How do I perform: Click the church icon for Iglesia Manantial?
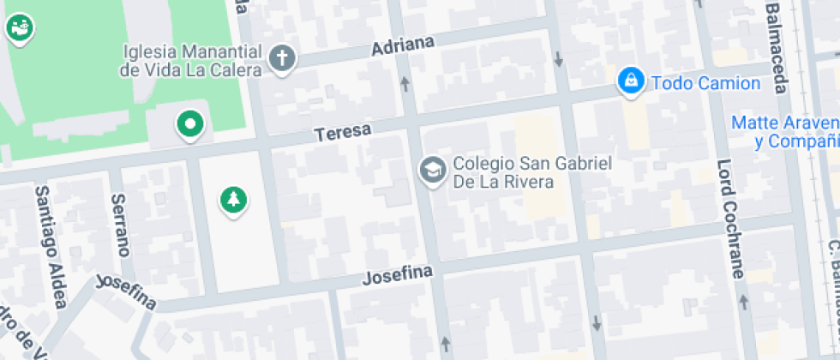tap(281, 58)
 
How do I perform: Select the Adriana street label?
tap(403, 45)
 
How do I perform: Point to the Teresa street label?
tap(342, 133)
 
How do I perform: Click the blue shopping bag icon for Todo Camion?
tap(631, 82)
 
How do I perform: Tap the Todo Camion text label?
tap(705, 83)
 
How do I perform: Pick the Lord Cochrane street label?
tap(730, 219)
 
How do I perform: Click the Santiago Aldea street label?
tap(50, 246)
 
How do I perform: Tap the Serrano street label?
tap(120, 225)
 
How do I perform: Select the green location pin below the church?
tap(189, 124)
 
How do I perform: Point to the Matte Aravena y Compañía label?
tap(784, 132)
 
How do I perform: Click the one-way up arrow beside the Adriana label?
tap(405, 83)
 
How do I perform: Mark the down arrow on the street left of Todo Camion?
tap(559, 59)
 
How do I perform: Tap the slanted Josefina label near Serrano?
tap(126, 291)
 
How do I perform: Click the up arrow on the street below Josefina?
tap(445, 345)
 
